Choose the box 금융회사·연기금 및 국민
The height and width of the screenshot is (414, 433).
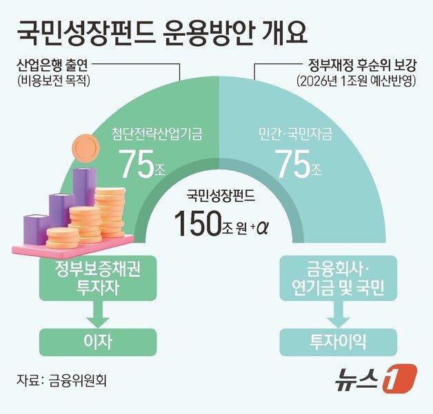(x=338, y=278)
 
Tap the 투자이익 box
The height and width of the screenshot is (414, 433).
(x=337, y=340)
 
